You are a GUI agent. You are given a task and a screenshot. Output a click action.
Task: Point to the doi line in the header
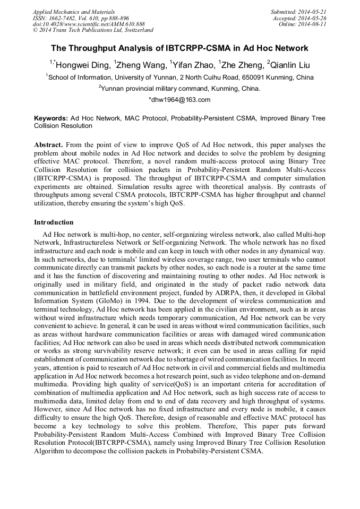point(89,24)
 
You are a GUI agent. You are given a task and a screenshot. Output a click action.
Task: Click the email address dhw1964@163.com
point(181,100)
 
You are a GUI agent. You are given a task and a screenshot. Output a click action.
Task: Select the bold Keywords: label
point(51,118)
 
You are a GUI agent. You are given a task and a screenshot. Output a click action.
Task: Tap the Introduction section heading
point(54,222)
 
